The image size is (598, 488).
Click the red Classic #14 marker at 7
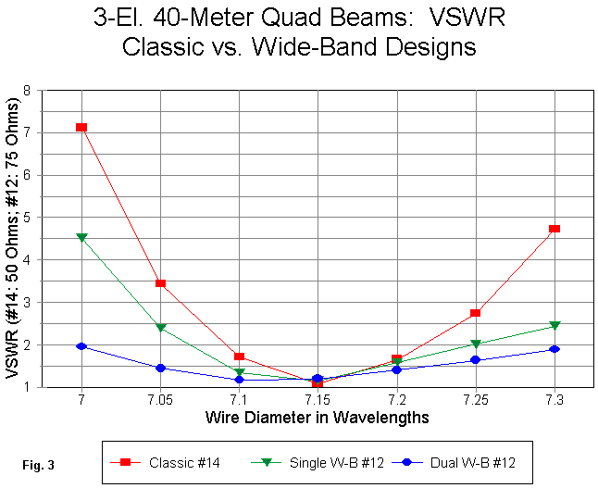[x=81, y=128]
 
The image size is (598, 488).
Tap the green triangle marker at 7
[x=81, y=238]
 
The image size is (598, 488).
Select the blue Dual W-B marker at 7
[x=81, y=346]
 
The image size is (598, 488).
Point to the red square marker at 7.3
[x=554, y=229]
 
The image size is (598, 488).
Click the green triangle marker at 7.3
[x=554, y=326]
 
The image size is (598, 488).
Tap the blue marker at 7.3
[x=554, y=349]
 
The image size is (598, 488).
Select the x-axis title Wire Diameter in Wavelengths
[x=317, y=418]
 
